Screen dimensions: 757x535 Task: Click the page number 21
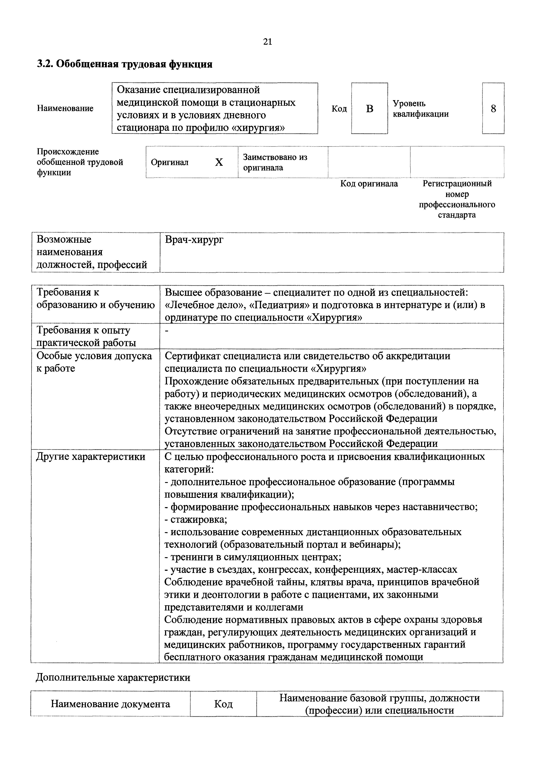[x=267, y=42]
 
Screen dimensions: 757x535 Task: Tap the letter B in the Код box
[x=370, y=109]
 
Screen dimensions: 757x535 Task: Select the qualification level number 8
[x=493, y=109]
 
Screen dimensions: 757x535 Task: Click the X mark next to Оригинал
[x=219, y=162]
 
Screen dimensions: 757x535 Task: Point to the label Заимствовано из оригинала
[x=275, y=162]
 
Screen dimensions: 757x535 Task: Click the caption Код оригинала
[x=369, y=184]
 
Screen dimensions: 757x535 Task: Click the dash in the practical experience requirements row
[x=167, y=331]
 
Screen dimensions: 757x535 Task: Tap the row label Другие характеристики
[x=91, y=457]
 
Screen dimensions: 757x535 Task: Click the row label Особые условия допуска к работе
[x=94, y=362]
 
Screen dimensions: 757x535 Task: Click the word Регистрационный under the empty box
[x=457, y=184]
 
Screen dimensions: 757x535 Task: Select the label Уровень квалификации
[x=420, y=109]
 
